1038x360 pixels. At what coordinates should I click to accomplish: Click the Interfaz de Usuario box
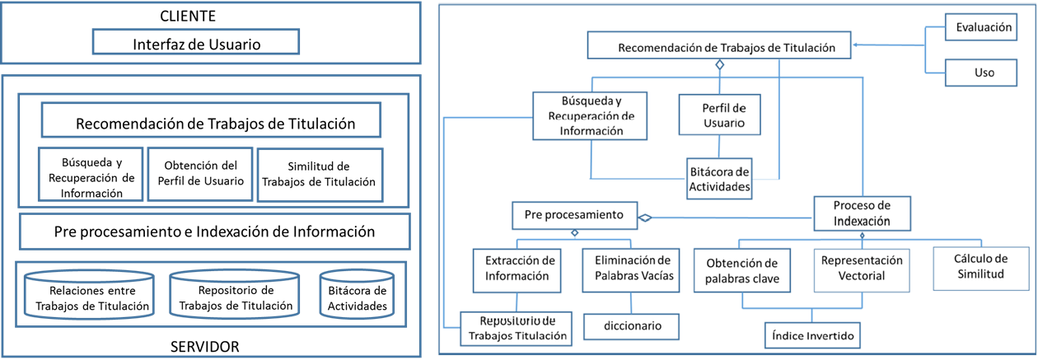point(196,42)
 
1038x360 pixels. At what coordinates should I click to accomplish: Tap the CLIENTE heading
point(188,16)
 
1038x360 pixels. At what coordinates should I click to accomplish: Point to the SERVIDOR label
point(205,347)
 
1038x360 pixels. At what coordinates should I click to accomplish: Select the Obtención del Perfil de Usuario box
point(200,174)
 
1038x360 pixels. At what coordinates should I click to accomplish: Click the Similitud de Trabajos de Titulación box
point(320,175)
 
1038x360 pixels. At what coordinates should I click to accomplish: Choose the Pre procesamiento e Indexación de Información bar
point(214,231)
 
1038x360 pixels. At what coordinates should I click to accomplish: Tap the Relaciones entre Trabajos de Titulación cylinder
point(89,295)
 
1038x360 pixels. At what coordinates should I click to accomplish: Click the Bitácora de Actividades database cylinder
point(357,295)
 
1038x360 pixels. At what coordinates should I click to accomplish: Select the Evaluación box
point(981,27)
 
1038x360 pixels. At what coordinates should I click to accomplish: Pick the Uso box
point(981,72)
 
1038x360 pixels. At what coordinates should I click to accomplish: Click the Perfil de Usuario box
point(720,115)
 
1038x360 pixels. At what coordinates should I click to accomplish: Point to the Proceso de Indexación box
point(863,213)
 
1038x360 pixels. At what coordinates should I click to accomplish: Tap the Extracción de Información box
point(517,270)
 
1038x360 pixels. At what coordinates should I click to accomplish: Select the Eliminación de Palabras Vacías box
point(631,270)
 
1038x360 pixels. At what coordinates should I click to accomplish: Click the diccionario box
point(632,327)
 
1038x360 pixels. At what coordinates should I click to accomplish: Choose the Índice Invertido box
point(812,335)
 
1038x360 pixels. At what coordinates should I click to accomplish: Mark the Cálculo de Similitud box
point(981,269)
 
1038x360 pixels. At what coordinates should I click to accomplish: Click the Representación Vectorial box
point(862,270)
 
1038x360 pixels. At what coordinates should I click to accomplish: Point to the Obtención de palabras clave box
point(742,270)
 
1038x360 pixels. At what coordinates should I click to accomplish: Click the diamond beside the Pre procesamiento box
point(644,217)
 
